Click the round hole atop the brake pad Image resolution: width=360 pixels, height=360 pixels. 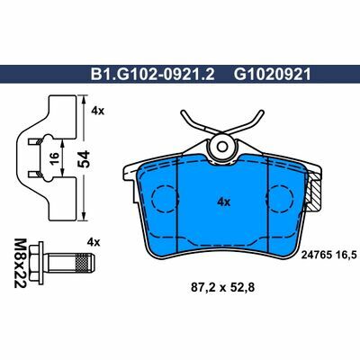click(x=220, y=145)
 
